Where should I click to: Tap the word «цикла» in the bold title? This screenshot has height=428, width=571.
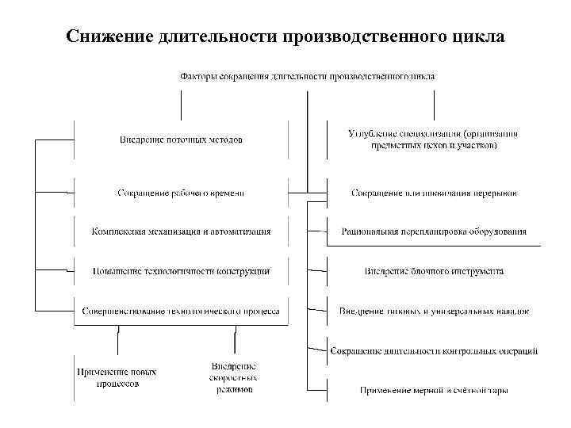coord(478,38)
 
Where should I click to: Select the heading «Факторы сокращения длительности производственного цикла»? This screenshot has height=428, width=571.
coord(307,76)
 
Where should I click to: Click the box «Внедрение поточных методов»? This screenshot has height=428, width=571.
coord(181,139)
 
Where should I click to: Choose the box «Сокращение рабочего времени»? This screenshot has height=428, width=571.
coord(181,193)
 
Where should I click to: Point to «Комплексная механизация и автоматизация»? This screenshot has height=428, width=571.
coord(181,231)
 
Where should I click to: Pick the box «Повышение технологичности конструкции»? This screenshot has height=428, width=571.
coord(181,271)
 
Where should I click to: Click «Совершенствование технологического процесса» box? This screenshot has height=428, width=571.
coord(181,311)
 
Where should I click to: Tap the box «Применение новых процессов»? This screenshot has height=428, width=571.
coord(117,376)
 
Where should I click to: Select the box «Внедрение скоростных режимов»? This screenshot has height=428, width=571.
coord(233,378)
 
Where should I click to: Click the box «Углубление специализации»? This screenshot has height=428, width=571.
coord(433,139)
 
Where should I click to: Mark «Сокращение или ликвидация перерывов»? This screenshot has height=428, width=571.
coord(433,193)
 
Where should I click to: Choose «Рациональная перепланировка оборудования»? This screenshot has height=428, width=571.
coord(433,231)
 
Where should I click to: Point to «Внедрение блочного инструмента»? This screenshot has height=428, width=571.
coord(433,271)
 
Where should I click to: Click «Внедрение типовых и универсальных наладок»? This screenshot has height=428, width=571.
coord(434,311)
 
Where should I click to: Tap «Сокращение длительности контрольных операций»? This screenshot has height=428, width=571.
coord(434,350)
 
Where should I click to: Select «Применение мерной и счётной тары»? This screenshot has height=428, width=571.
coord(434,389)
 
